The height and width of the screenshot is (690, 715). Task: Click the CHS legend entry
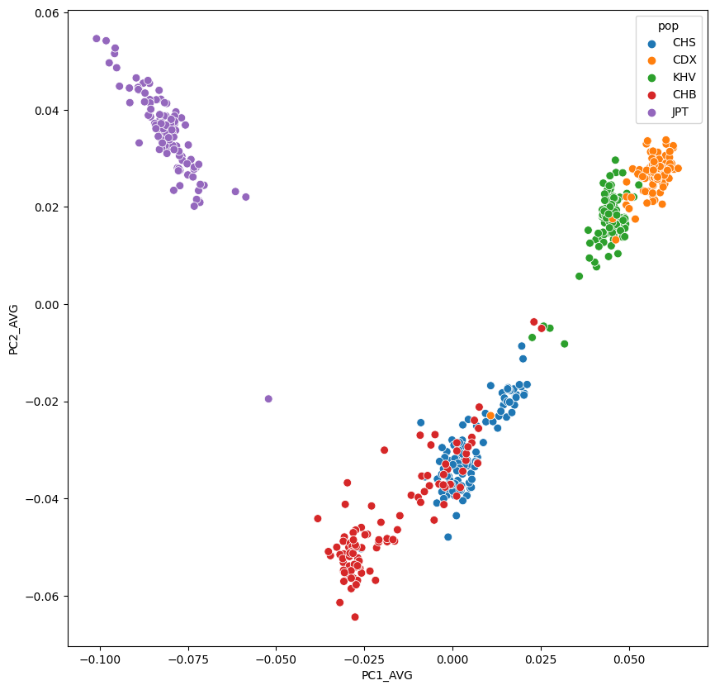click(684, 43)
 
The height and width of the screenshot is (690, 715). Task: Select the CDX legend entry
click(684, 60)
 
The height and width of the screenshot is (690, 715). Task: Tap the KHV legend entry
click(684, 78)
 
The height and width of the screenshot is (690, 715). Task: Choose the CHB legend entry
click(684, 95)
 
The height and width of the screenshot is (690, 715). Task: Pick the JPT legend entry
click(680, 112)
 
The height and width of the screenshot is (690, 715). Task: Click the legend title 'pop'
click(668, 26)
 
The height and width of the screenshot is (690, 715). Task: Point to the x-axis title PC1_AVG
click(387, 675)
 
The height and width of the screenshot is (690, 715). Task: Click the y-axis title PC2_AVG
click(14, 328)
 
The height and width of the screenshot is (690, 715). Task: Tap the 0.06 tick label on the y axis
click(45, 13)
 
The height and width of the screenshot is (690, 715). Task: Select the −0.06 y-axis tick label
click(42, 596)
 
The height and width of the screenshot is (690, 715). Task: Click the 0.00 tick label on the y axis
click(45, 304)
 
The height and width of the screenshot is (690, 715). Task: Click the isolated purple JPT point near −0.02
click(268, 398)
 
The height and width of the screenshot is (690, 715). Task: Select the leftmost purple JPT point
click(97, 39)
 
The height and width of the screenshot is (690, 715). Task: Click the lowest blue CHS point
click(447, 536)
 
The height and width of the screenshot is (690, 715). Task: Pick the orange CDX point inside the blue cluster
click(490, 416)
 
